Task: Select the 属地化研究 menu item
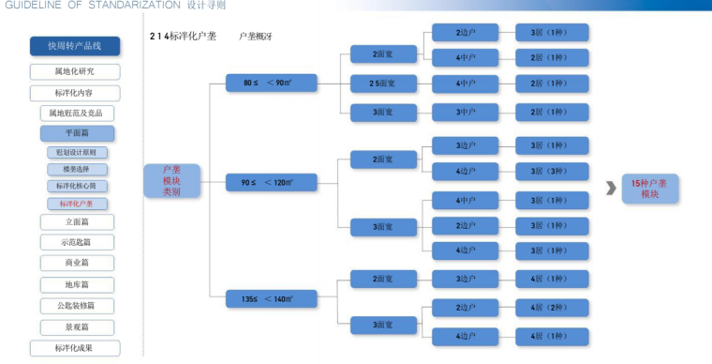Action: (x=74, y=71)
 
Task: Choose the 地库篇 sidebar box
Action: (x=77, y=284)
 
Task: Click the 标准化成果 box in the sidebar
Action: (x=74, y=348)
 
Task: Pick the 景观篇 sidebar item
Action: (x=77, y=326)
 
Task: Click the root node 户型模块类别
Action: (x=171, y=180)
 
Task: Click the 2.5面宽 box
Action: (x=382, y=83)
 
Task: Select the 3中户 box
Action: (x=466, y=113)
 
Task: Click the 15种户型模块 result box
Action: (x=650, y=188)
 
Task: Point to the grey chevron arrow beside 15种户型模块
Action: (x=611, y=188)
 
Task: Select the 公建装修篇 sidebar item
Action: (x=77, y=305)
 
